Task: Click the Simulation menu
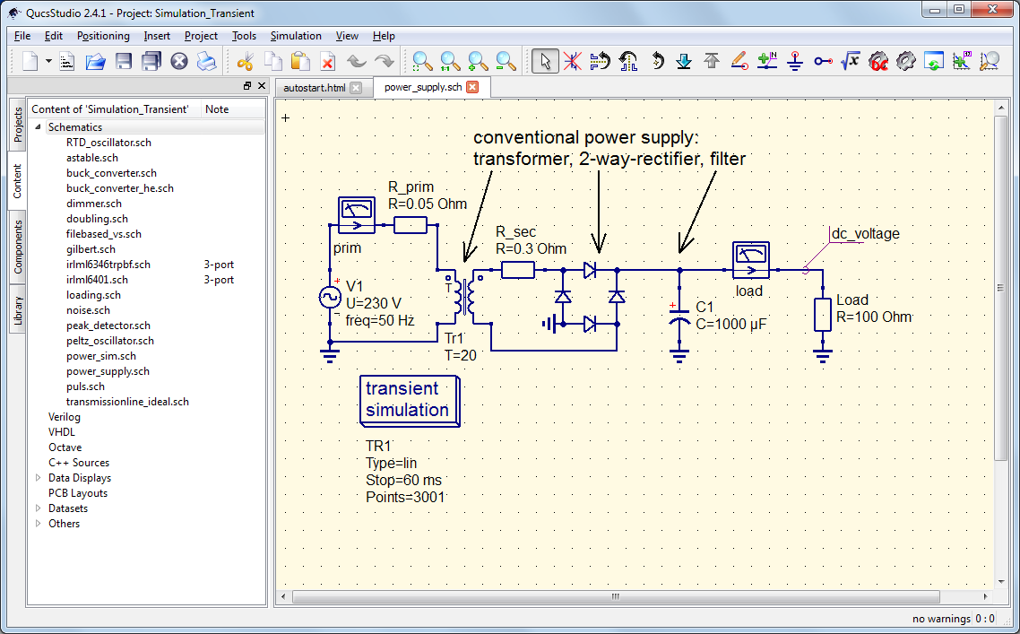(x=296, y=36)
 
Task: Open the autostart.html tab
(x=314, y=88)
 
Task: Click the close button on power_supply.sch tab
(x=472, y=87)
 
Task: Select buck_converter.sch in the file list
(x=111, y=173)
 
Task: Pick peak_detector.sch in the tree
(x=108, y=326)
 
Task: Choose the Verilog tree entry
(x=64, y=417)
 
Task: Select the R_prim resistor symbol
(x=410, y=224)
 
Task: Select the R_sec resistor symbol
(x=517, y=269)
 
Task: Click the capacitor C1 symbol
(x=679, y=317)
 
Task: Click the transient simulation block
(x=410, y=400)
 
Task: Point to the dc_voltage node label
(x=865, y=234)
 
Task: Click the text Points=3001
(x=405, y=497)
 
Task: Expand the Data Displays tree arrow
(x=39, y=478)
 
